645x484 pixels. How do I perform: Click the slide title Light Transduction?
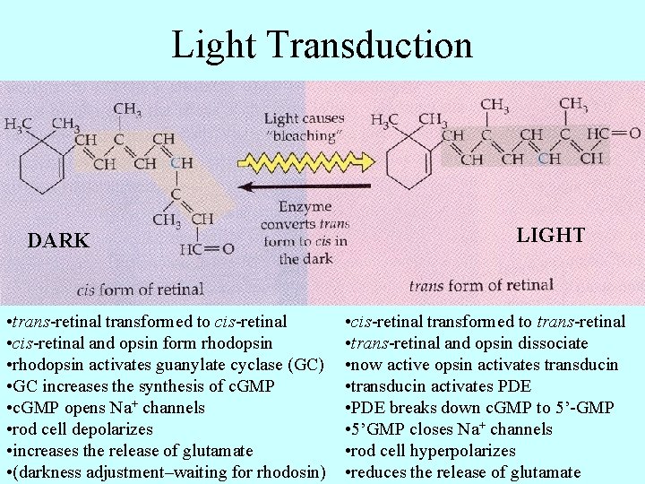(322, 45)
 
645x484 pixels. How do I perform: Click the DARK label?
(58, 241)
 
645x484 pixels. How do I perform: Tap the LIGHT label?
(550, 236)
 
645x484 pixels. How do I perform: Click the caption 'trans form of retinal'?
(481, 286)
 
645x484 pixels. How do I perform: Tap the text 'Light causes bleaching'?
(304, 127)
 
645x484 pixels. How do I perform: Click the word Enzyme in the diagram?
(305, 207)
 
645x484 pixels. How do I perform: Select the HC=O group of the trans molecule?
(615, 134)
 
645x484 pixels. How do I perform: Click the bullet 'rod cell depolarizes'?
(80, 429)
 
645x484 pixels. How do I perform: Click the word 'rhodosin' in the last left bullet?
(290, 472)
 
